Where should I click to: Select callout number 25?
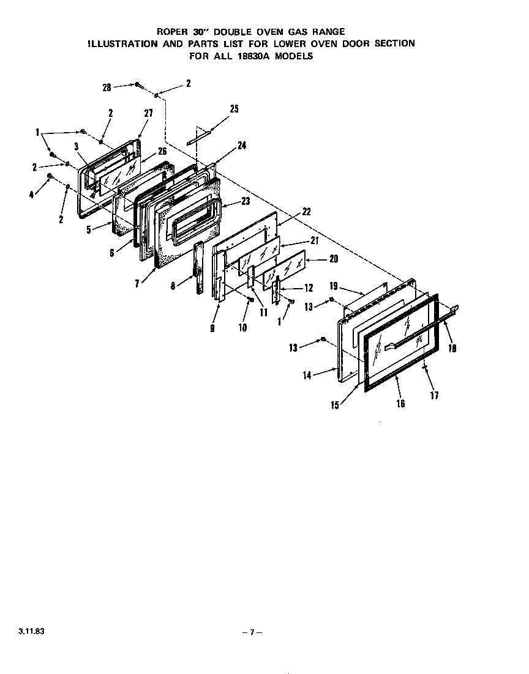tap(234, 109)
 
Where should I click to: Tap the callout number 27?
tap(148, 113)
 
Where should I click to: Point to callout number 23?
tap(228, 201)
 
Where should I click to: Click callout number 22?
tap(306, 212)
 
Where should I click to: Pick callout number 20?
tap(333, 259)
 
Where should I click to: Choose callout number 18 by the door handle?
tap(452, 349)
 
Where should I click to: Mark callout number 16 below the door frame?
tap(401, 403)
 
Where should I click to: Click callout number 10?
tap(242, 328)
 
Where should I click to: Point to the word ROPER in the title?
tap(171, 31)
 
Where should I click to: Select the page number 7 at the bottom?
tap(252, 632)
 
